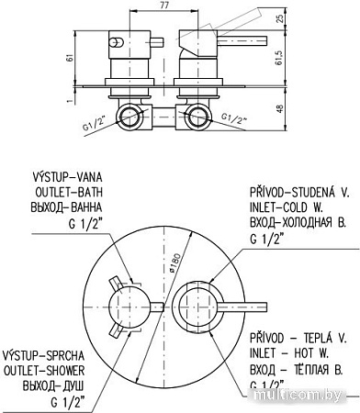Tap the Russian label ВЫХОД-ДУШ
click(x=53, y=385)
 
